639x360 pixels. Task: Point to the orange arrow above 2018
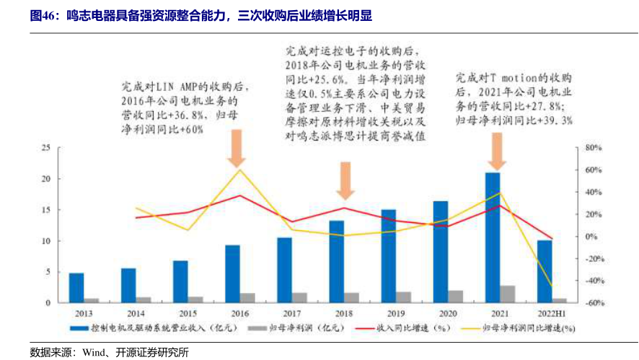(345, 180)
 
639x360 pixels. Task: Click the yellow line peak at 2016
(239, 170)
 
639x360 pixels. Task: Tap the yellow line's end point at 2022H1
(552, 286)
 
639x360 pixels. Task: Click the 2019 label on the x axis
(395, 314)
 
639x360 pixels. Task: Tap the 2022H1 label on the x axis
(552, 314)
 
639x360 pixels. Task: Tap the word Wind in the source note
(93, 352)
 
